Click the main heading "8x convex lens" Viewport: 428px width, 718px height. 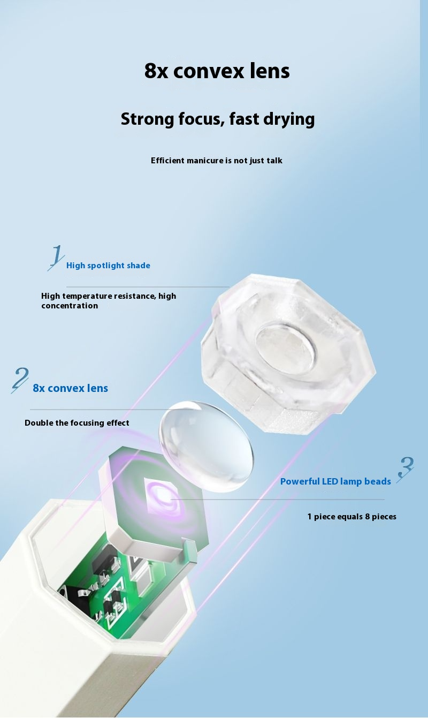coord(217,71)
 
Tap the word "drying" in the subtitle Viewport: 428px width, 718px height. coord(291,119)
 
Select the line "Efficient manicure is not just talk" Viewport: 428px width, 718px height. coord(216,161)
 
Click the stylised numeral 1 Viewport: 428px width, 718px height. coord(56,258)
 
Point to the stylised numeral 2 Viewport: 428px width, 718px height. coord(20,380)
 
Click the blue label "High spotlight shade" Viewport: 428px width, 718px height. coord(108,266)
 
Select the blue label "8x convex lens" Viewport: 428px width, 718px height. coord(70,388)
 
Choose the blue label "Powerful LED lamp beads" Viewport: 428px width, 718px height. coord(335,481)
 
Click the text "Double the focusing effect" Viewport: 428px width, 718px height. coord(77,423)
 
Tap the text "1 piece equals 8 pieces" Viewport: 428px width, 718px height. coord(351,517)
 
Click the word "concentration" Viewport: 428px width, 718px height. coord(70,306)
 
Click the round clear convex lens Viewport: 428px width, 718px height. coord(207,445)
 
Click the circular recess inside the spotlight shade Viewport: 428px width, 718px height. coord(285,347)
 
